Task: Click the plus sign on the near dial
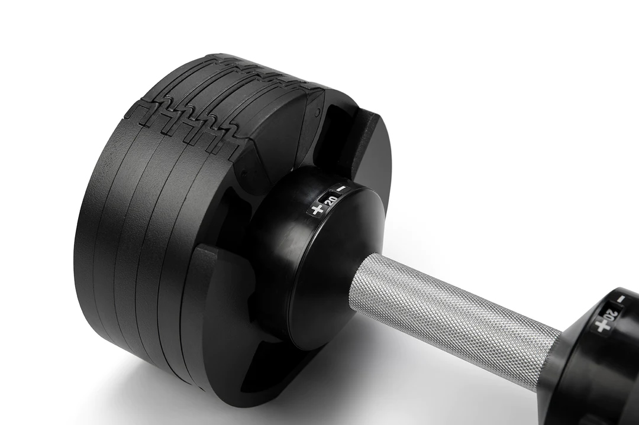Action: pos(317,210)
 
